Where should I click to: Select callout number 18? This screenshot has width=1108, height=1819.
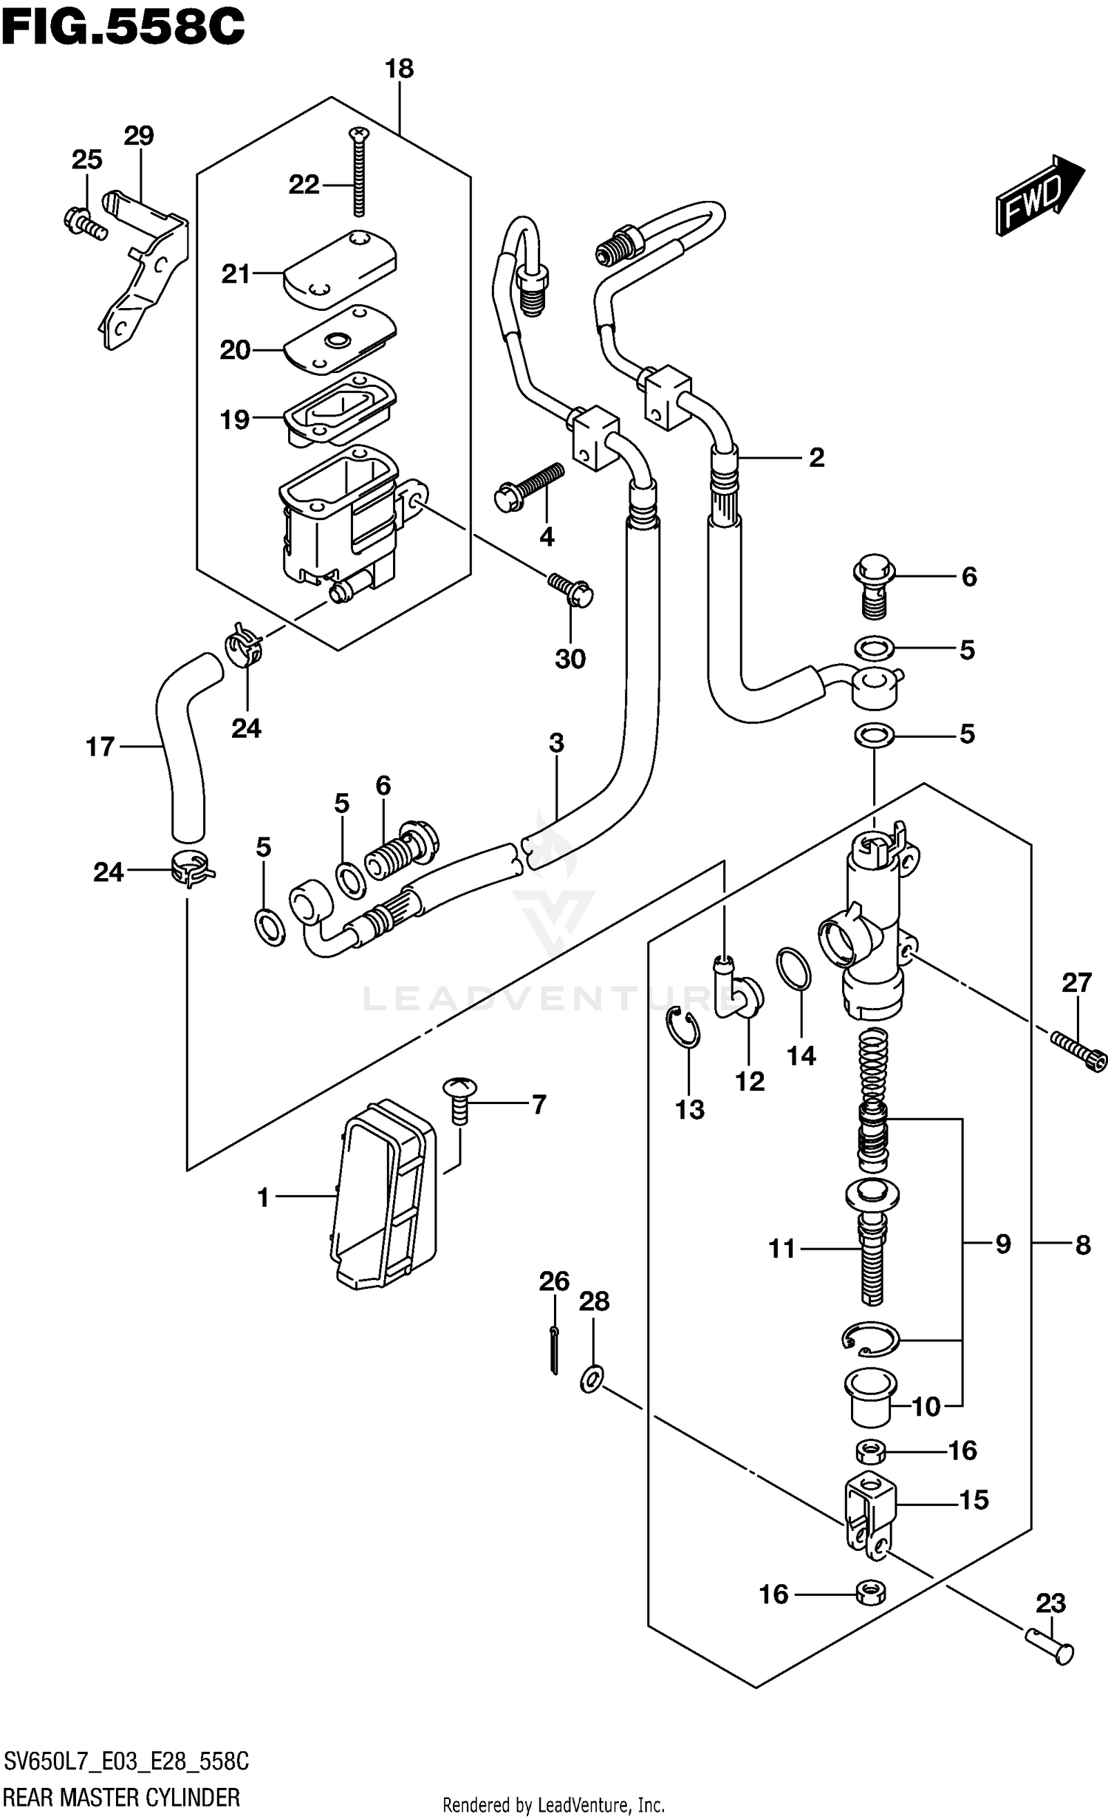tap(399, 69)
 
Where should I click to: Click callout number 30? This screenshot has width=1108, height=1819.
tap(570, 658)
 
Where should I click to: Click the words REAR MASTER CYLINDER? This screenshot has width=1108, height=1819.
tap(122, 1797)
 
